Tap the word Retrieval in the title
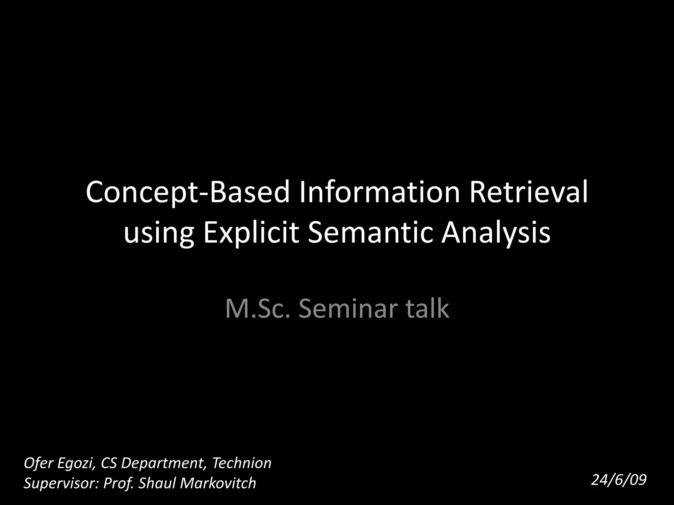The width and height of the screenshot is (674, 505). [x=529, y=192]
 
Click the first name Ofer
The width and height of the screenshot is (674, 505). [x=39, y=463]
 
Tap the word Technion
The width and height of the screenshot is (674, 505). [x=242, y=463]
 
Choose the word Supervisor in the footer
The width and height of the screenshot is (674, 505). [x=61, y=483]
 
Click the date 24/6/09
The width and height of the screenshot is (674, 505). [x=619, y=480]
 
